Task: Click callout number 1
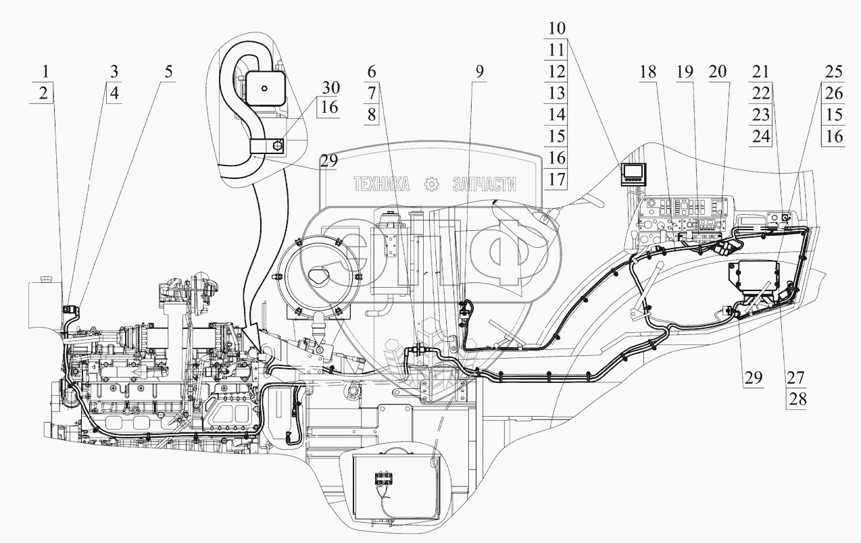45,71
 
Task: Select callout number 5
168,71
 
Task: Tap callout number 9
478,71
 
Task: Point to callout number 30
331,88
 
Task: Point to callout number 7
372,93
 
